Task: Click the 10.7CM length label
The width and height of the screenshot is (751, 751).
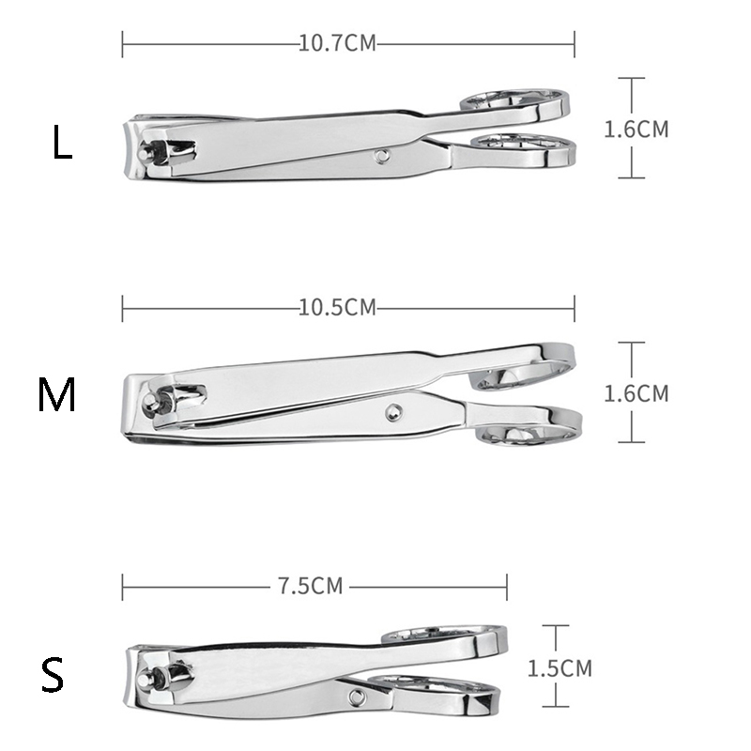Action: [x=338, y=43]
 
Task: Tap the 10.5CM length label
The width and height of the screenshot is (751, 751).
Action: [x=338, y=308]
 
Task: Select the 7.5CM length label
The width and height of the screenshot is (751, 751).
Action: [x=311, y=586]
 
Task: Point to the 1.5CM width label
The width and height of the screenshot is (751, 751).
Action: [x=559, y=668]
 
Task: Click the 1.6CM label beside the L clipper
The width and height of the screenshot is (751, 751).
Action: [x=636, y=130]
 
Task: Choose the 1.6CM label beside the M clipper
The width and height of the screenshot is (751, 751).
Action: [x=636, y=393]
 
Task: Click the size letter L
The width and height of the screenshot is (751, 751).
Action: [x=62, y=143]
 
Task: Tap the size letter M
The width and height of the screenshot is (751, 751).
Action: [x=56, y=394]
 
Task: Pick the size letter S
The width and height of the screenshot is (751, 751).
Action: [x=53, y=674]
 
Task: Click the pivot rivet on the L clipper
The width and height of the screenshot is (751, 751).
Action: [x=382, y=156]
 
